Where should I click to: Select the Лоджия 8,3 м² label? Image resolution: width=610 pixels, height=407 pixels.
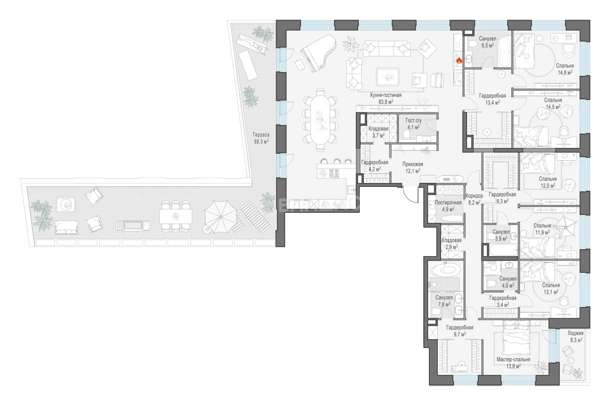[x=575, y=336]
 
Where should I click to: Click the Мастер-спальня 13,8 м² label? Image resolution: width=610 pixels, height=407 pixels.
[x=513, y=363]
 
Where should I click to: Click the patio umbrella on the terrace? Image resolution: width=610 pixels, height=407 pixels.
[x=219, y=217]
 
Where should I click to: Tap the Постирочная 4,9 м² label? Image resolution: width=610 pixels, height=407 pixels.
[x=448, y=206]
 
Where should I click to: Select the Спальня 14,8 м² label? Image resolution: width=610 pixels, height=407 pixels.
[x=565, y=69]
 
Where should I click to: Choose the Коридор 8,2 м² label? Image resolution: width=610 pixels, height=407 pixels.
[x=474, y=199]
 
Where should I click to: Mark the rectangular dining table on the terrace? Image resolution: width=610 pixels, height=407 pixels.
[x=176, y=217]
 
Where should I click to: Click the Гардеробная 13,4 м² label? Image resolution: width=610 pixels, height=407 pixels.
[x=492, y=99]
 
